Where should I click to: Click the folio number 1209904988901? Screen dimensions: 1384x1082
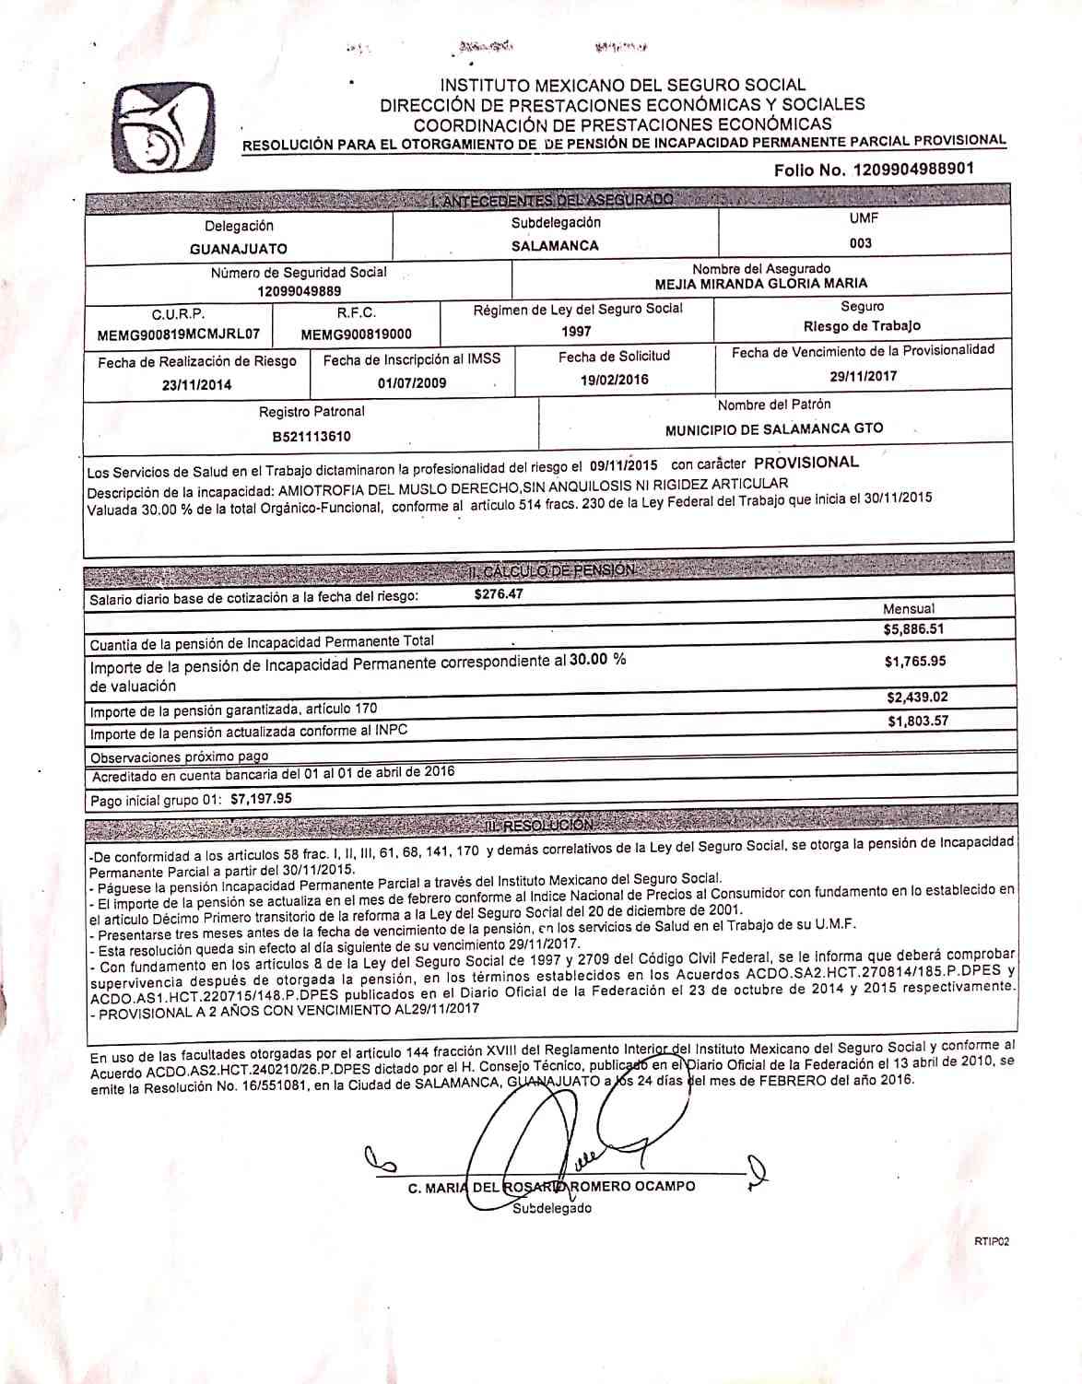tap(913, 170)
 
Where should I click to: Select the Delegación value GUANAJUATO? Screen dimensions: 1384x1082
tap(239, 249)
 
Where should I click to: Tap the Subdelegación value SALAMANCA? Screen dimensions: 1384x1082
tap(555, 246)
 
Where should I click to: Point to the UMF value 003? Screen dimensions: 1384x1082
tap(862, 243)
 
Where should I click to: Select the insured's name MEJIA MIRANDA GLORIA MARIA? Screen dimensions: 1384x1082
tap(760, 284)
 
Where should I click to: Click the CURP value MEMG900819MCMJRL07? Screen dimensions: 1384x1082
tap(179, 334)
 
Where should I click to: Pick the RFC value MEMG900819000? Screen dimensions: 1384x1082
tap(356, 334)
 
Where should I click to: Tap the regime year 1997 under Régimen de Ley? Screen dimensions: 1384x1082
tap(576, 331)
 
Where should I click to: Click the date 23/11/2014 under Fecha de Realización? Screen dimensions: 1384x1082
tap(196, 385)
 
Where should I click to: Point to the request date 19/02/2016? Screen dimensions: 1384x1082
tap(614, 380)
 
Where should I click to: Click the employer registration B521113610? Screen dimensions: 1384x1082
tap(311, 436)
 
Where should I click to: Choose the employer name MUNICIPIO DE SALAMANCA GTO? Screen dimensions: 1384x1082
tap(774, 428)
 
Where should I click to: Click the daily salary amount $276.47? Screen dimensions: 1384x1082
tap(499, 594)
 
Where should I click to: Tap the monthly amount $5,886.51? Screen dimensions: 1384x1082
tap(913, 630)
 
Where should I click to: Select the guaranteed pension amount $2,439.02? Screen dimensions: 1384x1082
tap(917, 698)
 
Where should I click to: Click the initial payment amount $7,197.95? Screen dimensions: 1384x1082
tap(261, 799)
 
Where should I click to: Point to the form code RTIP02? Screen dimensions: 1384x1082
tap(991, 1242)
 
